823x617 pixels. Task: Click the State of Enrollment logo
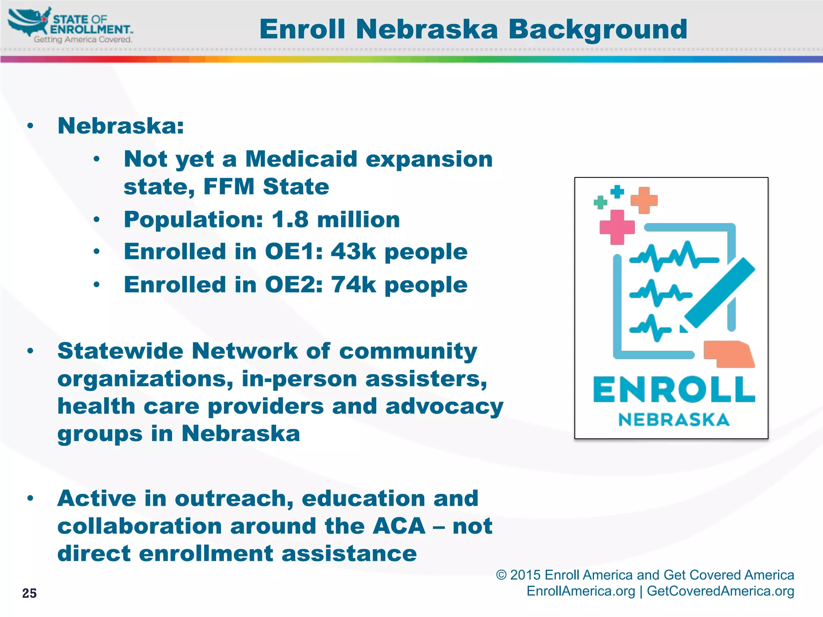pos(71,25)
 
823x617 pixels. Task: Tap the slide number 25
pos(29,593)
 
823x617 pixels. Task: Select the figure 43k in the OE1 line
pos(353,252)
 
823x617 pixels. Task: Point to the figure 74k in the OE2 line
pos(353,285)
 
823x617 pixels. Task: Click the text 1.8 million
pos(336,220)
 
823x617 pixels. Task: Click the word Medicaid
pos(301,159)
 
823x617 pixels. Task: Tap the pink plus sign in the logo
pos(617,227)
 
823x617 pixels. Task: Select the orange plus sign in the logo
pos(644,200)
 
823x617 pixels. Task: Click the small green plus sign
pos(600,202)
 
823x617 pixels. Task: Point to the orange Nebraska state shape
pos(729,354)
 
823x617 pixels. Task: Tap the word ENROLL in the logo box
pos(674,390)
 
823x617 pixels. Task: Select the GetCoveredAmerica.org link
pos(720,591)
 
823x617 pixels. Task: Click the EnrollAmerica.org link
pos(581,591)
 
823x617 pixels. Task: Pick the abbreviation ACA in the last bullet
pos(399,526)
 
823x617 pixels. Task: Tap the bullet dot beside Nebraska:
pos(30,126)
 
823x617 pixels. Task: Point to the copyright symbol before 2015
pos(501,575)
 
